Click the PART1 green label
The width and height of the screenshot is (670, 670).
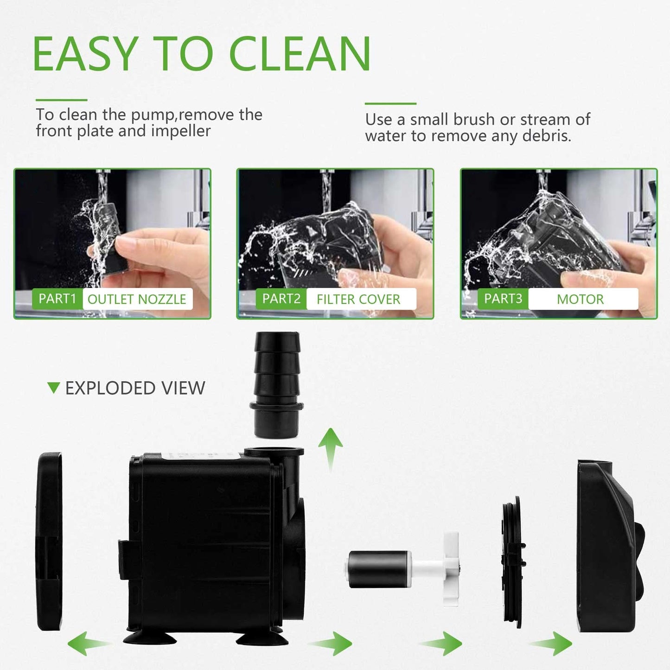click(57, 299)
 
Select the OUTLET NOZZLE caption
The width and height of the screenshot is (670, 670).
click(137, 299)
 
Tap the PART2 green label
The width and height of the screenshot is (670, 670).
click(281, 299)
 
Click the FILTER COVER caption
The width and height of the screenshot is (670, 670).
click(358, 299)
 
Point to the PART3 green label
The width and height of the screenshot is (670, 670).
click(503, 299)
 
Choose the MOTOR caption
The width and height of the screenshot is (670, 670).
click(580, 299)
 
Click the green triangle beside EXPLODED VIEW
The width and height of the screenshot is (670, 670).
click(54, 388)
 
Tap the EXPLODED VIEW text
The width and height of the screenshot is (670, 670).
click(135, 388)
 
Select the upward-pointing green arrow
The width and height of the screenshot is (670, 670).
click(330, 447)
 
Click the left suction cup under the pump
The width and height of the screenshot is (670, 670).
click(149, 637)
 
